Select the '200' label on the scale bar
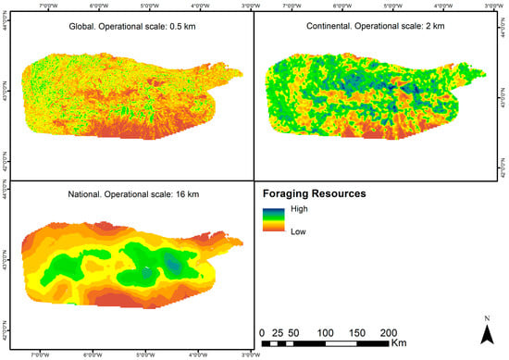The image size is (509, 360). [389, 332]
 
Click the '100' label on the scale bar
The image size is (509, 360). [325, 332]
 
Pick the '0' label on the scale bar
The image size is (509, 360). [263, 332]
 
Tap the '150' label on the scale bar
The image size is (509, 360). [356, 332]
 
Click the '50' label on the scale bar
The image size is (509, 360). [294, 332]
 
